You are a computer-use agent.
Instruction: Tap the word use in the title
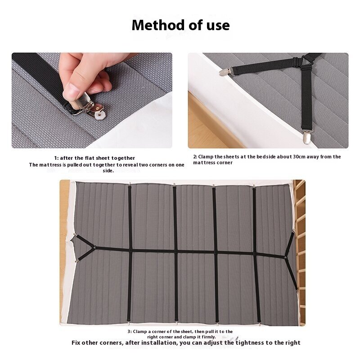216,25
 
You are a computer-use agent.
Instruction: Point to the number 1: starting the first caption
57,158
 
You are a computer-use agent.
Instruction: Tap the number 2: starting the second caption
195,157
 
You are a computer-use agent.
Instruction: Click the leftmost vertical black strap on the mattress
130,252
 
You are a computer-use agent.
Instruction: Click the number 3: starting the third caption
129,332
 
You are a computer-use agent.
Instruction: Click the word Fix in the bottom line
77,343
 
